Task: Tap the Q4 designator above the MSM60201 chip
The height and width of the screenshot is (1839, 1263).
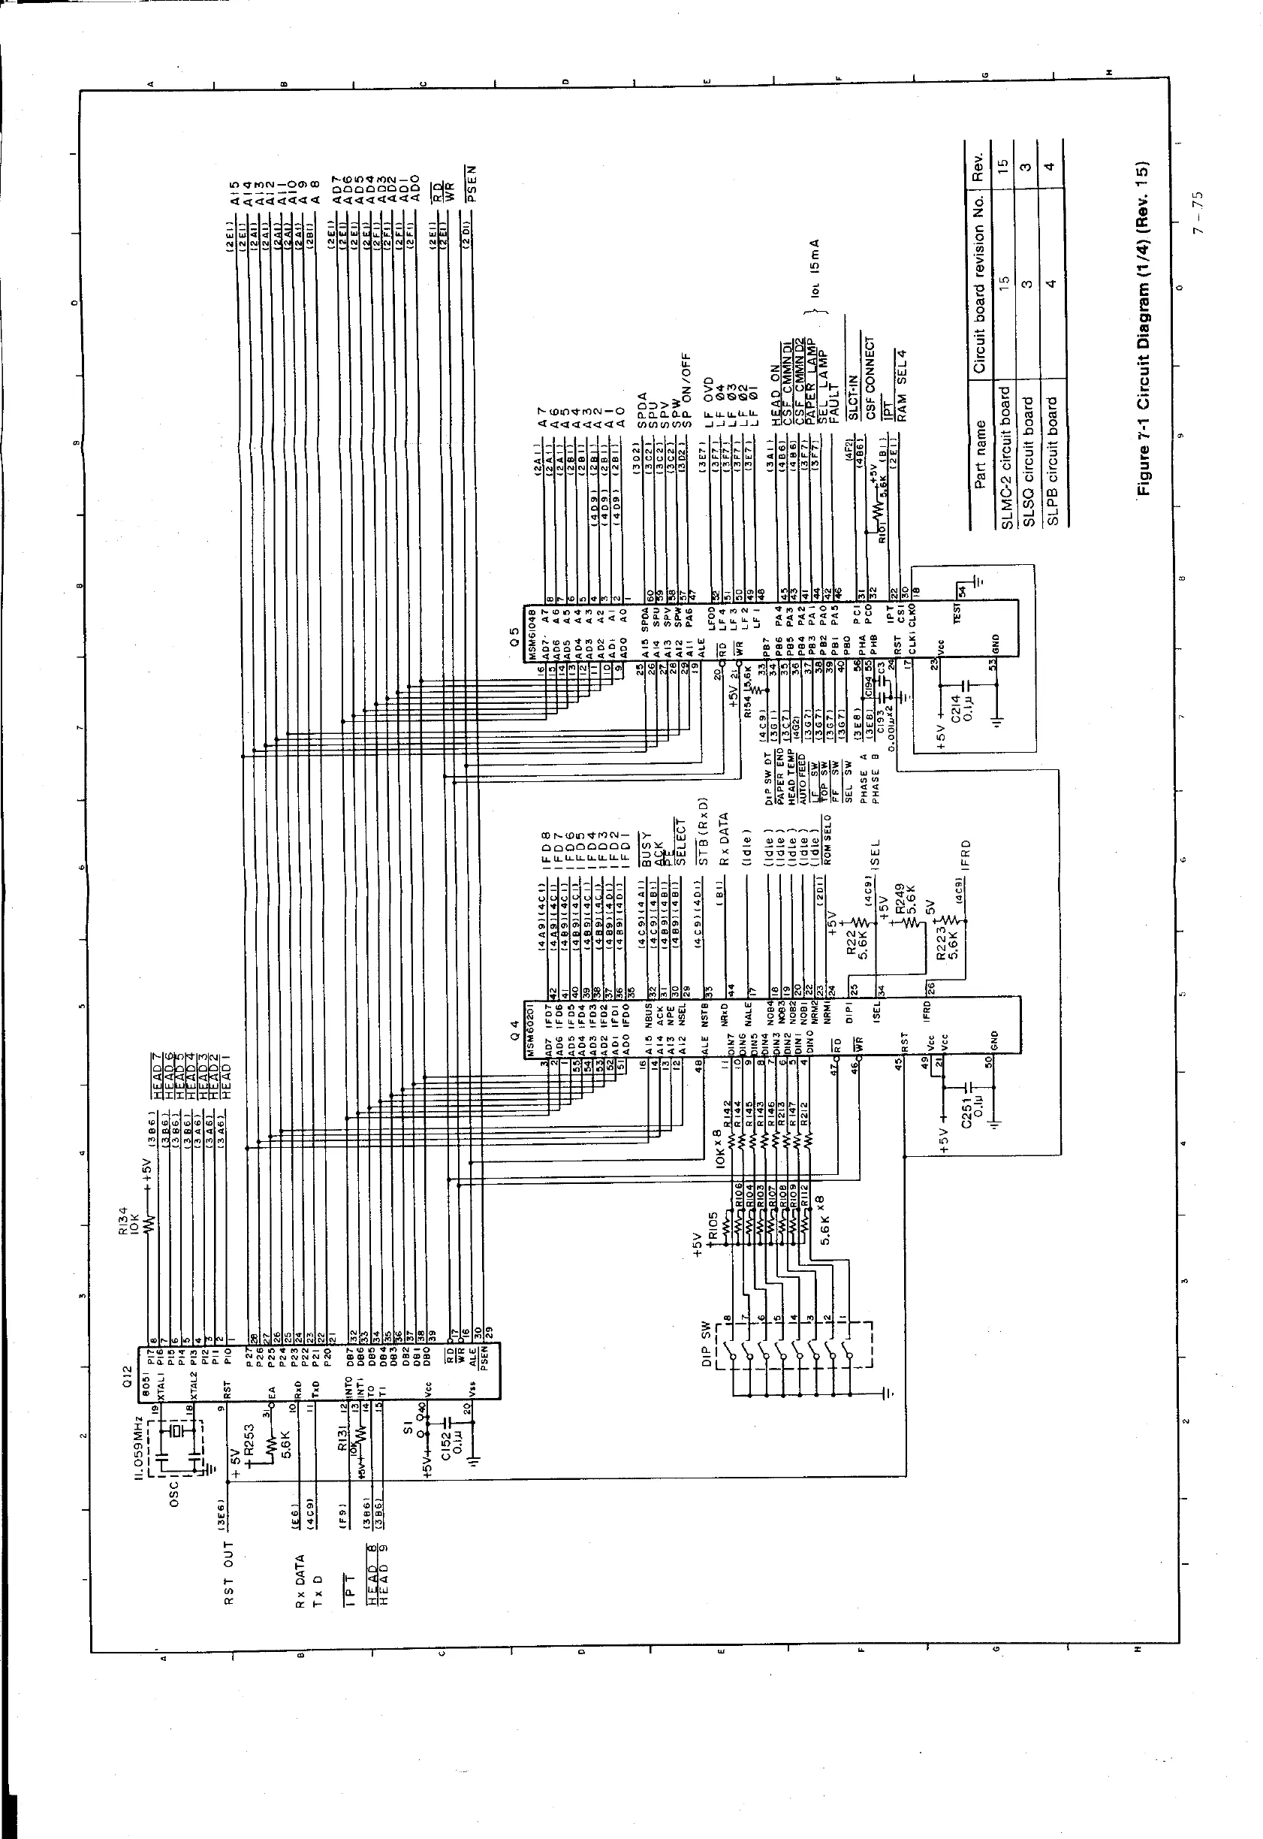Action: [513, 1035]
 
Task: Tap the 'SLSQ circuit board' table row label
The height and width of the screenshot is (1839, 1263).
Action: [1028, 460]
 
